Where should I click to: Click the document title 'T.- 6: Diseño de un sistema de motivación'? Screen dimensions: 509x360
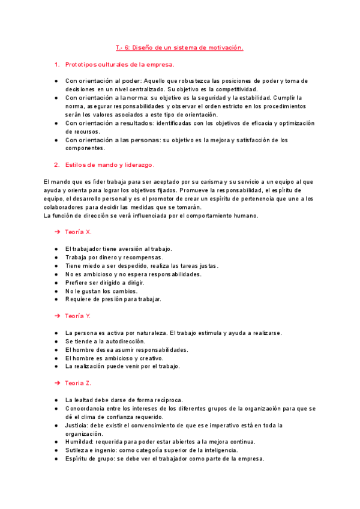coord(179,47)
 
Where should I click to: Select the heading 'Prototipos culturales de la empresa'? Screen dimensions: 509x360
coord(119,64)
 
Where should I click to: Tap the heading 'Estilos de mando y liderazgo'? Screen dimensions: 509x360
coord(109,164)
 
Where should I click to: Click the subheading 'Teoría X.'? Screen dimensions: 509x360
coord(78,232)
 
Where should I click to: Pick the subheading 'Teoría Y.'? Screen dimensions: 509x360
coord(78,316)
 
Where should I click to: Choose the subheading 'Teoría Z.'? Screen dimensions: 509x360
coord(78,383)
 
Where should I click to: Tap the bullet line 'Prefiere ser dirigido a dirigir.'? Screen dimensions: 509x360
coord(106,282)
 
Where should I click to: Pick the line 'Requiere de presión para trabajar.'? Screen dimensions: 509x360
coord(113,299)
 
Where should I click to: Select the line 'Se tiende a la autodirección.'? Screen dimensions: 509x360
coord(105,341)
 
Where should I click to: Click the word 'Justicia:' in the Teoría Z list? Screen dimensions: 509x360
coord(77,425)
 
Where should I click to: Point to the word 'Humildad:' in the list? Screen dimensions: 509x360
coord(80,442)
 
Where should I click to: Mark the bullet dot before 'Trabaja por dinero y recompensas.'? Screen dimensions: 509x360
coord(56,257)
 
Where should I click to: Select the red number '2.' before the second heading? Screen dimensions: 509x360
coord(57,164)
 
